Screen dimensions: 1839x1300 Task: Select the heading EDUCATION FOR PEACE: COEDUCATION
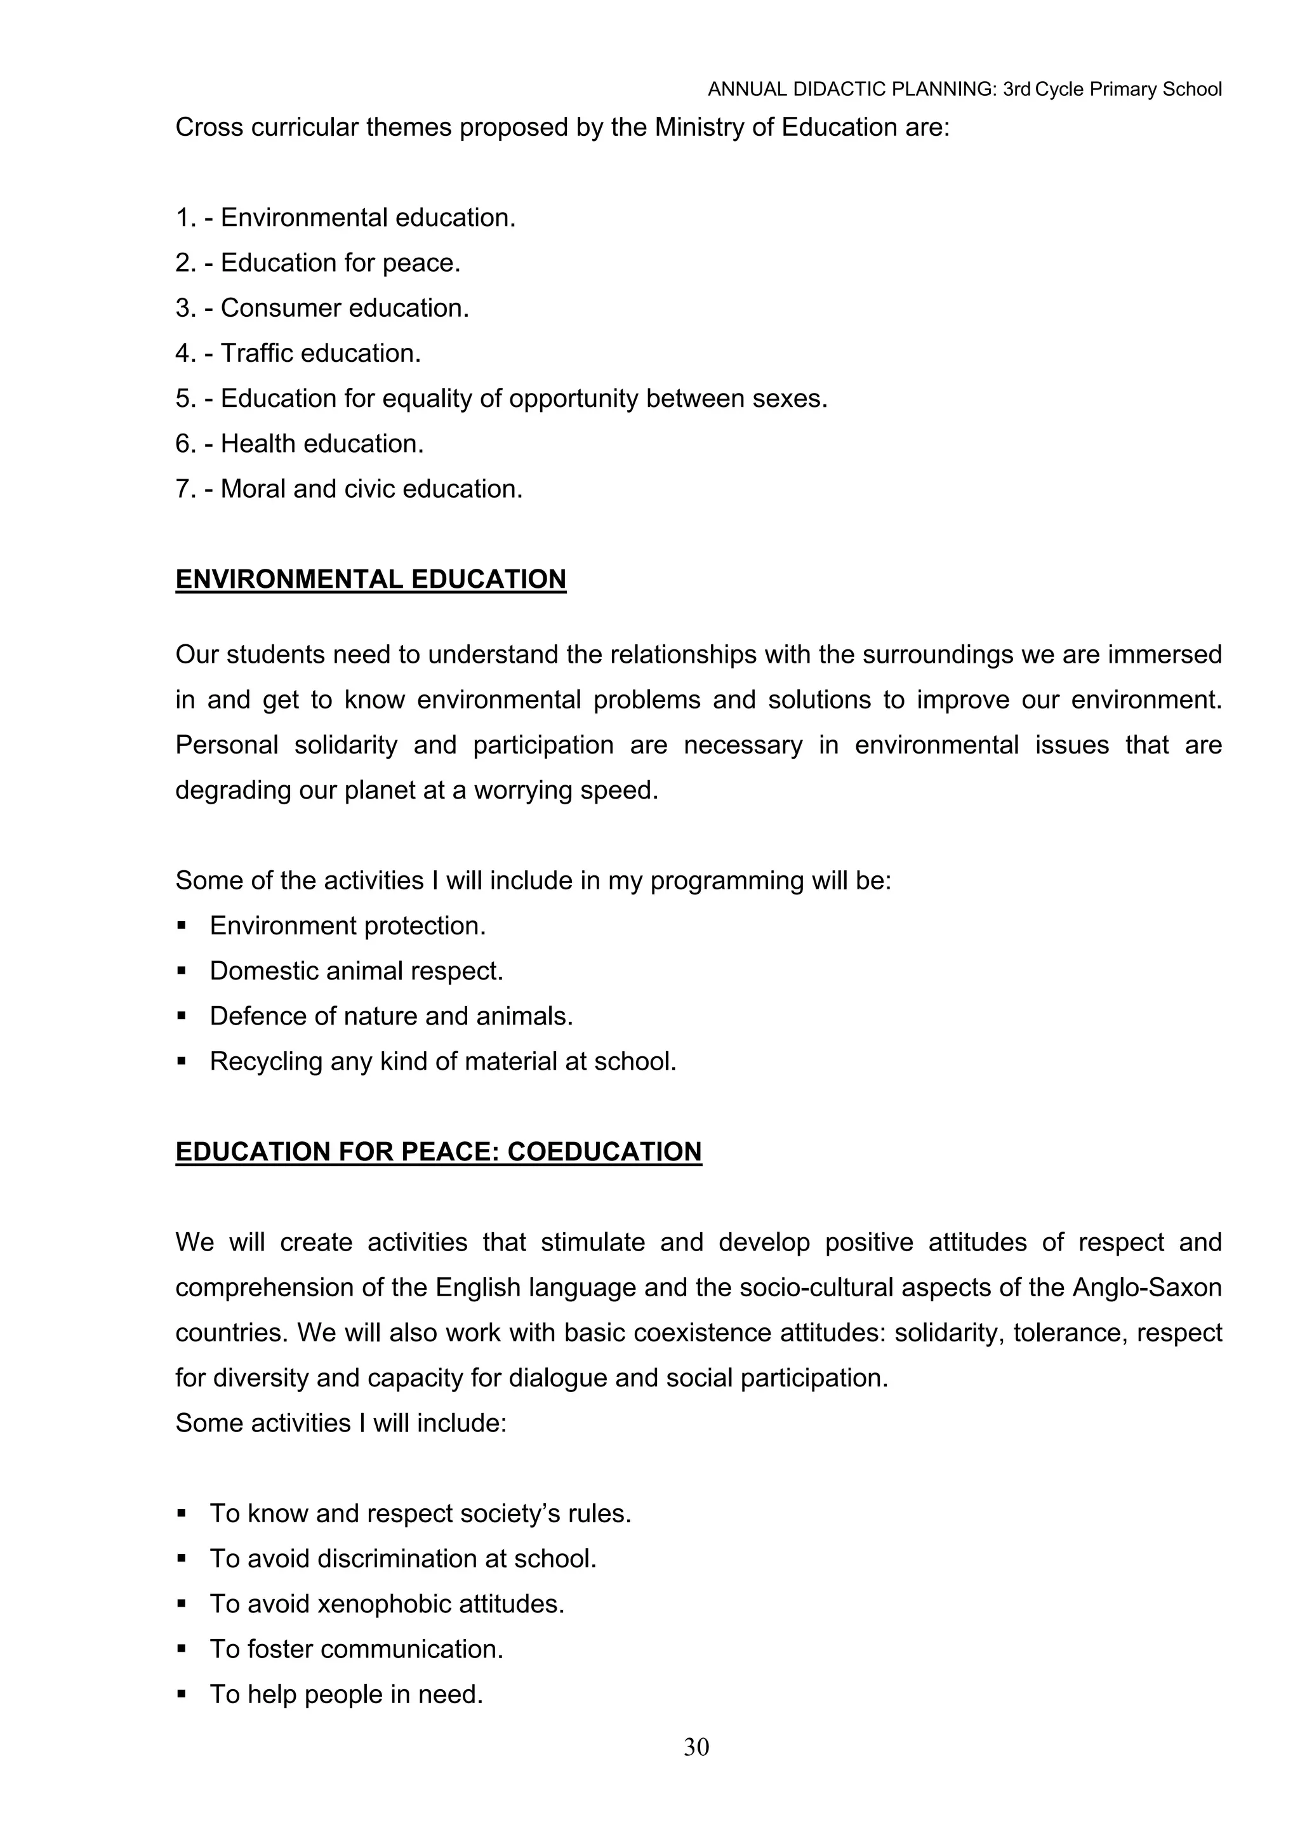(x=438, y=1151)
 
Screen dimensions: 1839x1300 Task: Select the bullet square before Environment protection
(x=182, y=926)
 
